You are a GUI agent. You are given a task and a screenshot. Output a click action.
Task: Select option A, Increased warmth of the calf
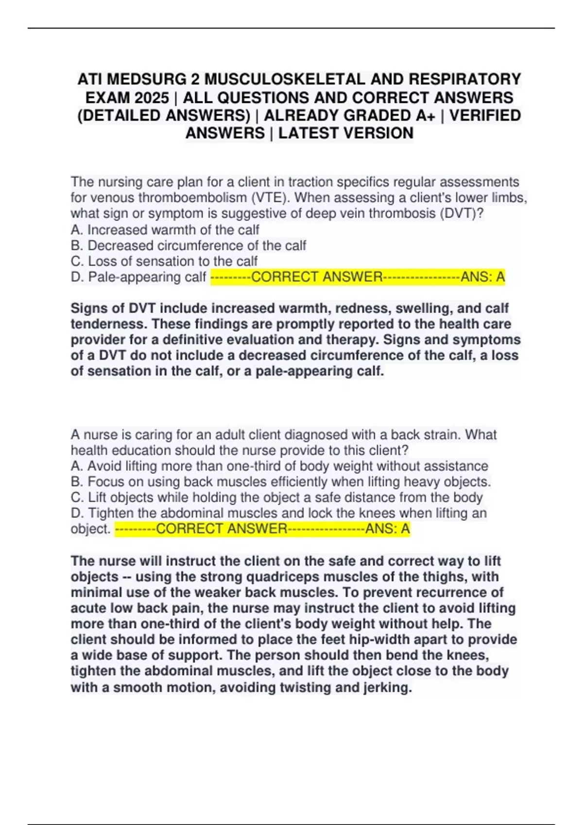(x=165, y=230)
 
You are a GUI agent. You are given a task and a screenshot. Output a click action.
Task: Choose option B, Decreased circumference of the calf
(x=189, y=246)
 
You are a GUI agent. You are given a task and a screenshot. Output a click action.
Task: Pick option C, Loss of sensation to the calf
(x=164, y=261)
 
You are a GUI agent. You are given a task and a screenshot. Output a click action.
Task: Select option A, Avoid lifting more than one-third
(x=279, y=466)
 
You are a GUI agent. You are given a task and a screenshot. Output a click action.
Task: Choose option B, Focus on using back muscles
(x=281, y=482)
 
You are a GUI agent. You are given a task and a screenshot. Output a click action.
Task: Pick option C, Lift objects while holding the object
(x=276, y=497)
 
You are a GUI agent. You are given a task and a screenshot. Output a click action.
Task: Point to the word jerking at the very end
(x=387, y=687)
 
